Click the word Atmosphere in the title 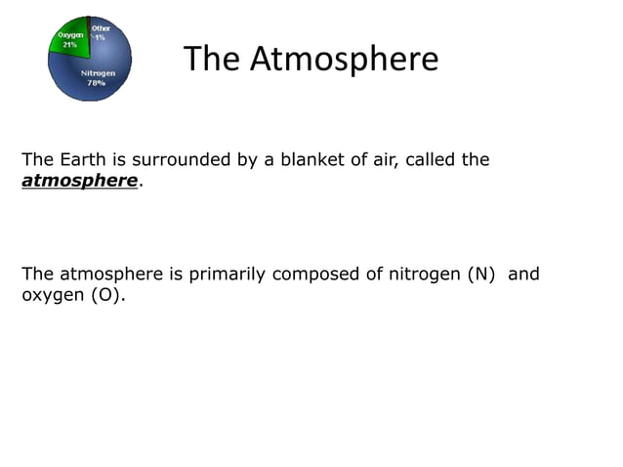click(344, 60)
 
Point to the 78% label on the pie click(97, 84)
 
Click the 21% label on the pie click(70, 45)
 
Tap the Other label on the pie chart click(101, 28)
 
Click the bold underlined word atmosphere click(79, 181)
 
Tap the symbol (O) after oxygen click(108, 294)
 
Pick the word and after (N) click(523, 274)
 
